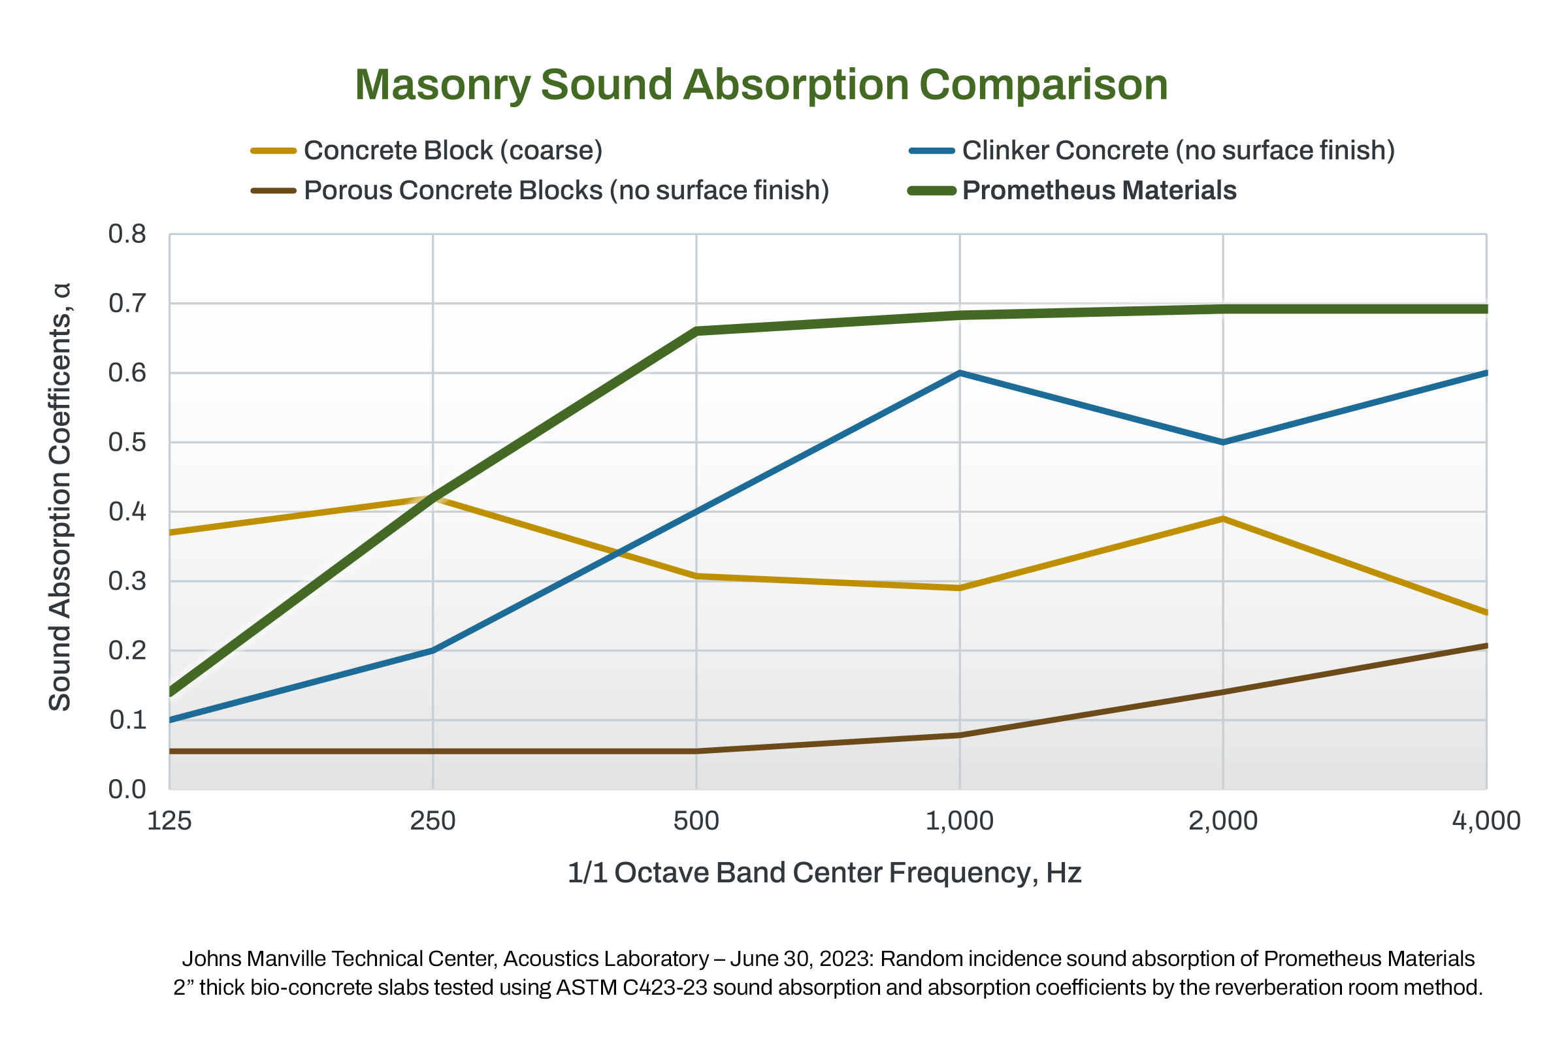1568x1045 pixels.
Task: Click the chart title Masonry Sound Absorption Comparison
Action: coord(760,86)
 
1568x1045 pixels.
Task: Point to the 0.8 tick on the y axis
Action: coord(127,234)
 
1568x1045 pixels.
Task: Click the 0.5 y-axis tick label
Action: coord(127,443)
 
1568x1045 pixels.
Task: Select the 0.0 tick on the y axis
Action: coord(127,790)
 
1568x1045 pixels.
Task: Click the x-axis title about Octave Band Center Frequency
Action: coord(824,873)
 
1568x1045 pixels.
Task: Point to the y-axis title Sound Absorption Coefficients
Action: coord(60,497)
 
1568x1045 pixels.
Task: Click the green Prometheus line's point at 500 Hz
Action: coord(696,331)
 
